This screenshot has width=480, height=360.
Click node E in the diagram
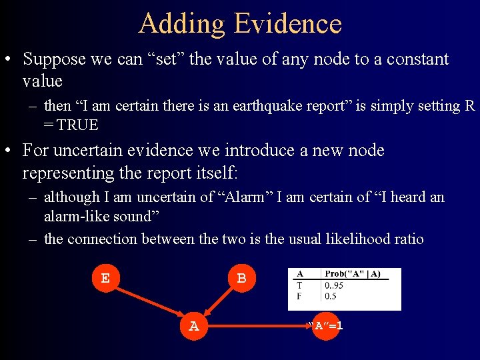(x=105, y=278)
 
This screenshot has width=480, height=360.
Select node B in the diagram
(x=241, y=278)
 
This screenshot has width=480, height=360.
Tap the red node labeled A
(x=194, y=326)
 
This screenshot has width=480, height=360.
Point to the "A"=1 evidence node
(x=326, y=326)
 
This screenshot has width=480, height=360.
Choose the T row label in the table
(x=299, y=285)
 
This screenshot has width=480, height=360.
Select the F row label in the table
(x=299, y=296)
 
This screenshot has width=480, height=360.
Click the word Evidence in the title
(x=288, y=24)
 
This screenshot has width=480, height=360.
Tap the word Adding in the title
(x=182, y=24)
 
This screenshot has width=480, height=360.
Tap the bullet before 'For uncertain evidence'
(x=9, y=151)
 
